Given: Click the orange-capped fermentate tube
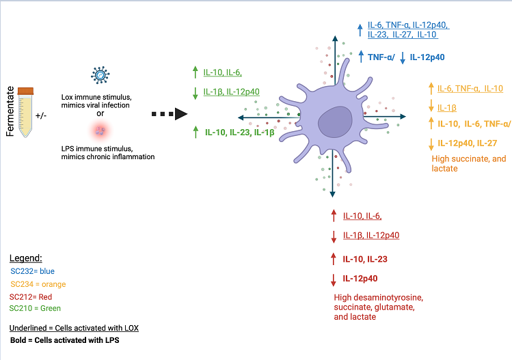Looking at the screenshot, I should (x=26, y=113).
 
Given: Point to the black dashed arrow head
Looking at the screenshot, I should (x=180, y=114).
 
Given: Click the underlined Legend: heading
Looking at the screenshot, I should (x=26, y=258).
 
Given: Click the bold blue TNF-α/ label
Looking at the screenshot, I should (x=379, y=58).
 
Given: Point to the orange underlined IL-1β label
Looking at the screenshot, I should (x=447, y=107).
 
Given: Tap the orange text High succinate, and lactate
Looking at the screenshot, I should (x=469, y=163).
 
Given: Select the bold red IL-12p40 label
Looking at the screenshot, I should (x=360, y=278).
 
